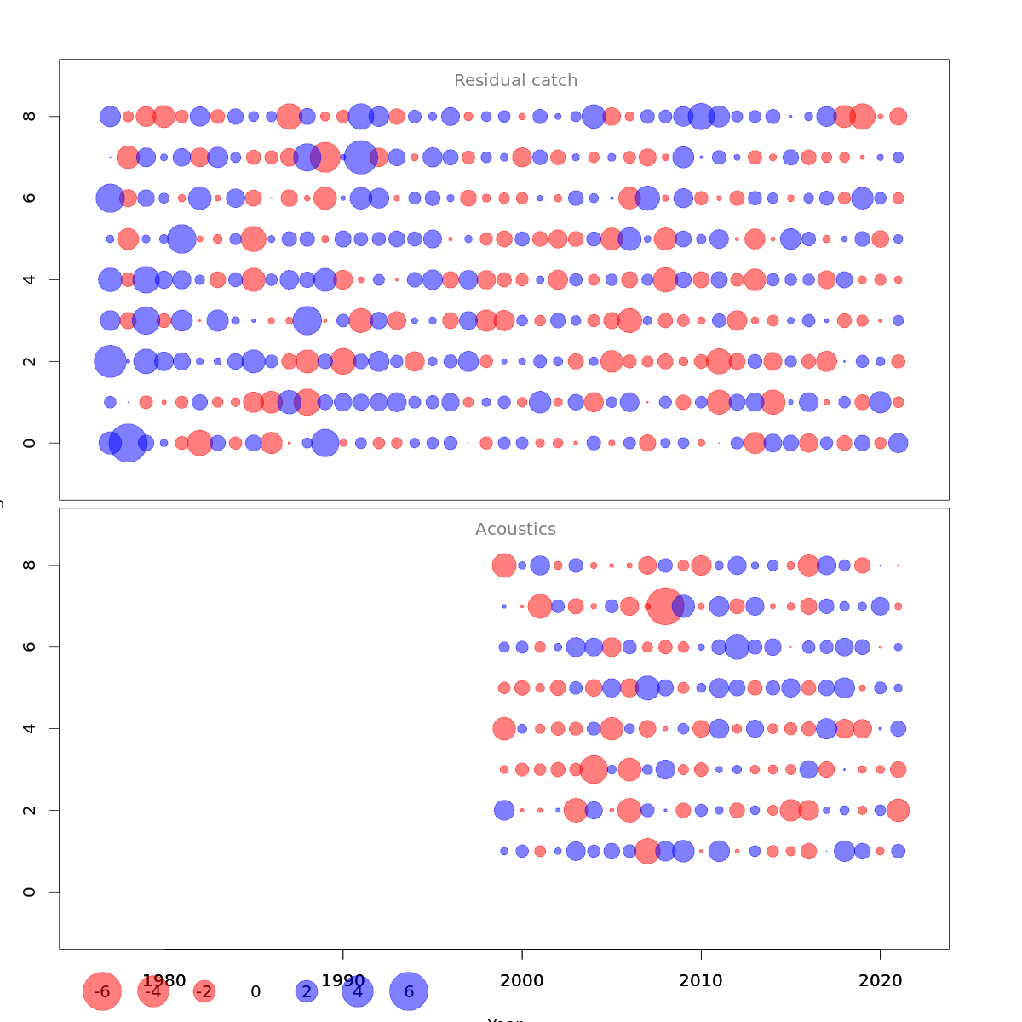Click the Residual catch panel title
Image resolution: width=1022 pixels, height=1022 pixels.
[515, 81]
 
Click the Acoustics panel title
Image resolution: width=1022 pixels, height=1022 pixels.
[515, 530]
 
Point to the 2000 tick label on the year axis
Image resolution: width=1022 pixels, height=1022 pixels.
[522, 981]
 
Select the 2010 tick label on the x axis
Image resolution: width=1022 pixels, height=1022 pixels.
[701, 981]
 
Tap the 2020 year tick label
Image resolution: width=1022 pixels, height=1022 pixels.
[880, 981]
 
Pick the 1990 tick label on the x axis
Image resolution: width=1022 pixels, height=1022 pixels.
[343, 981]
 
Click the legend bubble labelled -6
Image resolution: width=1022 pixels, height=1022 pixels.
[102, 991]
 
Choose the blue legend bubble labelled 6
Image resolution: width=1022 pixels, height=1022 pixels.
[409, 991]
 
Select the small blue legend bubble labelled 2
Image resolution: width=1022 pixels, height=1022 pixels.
[307, 991]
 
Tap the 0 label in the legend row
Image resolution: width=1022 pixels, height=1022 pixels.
[255, 991]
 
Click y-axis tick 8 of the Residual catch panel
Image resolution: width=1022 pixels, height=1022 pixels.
[30, 116]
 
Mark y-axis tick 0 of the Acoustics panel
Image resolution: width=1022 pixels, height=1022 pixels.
[30, 892]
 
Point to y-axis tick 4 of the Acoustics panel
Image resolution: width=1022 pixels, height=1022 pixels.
[30, 728]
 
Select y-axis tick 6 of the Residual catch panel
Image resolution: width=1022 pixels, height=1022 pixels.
[30, 198]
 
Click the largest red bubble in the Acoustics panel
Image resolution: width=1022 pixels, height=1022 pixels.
[665, 606]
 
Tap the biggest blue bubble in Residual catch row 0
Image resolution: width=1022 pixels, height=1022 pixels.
[128, 443]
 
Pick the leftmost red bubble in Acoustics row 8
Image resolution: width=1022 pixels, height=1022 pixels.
[504, 565]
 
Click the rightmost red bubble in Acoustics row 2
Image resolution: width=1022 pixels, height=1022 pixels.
[898, 810]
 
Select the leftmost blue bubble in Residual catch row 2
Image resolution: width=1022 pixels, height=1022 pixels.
[110, 361]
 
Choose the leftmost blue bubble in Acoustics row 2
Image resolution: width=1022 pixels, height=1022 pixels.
[504, 810]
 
